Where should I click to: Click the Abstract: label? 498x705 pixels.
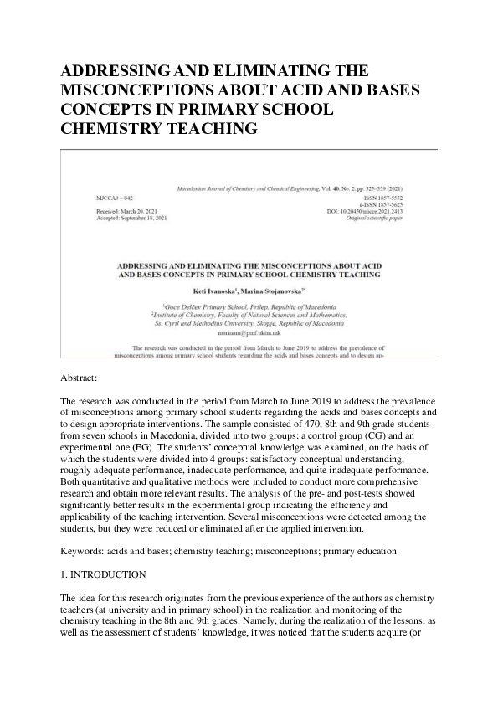85,378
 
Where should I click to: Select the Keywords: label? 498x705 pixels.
89,552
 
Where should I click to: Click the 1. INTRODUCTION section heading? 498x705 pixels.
104,575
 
